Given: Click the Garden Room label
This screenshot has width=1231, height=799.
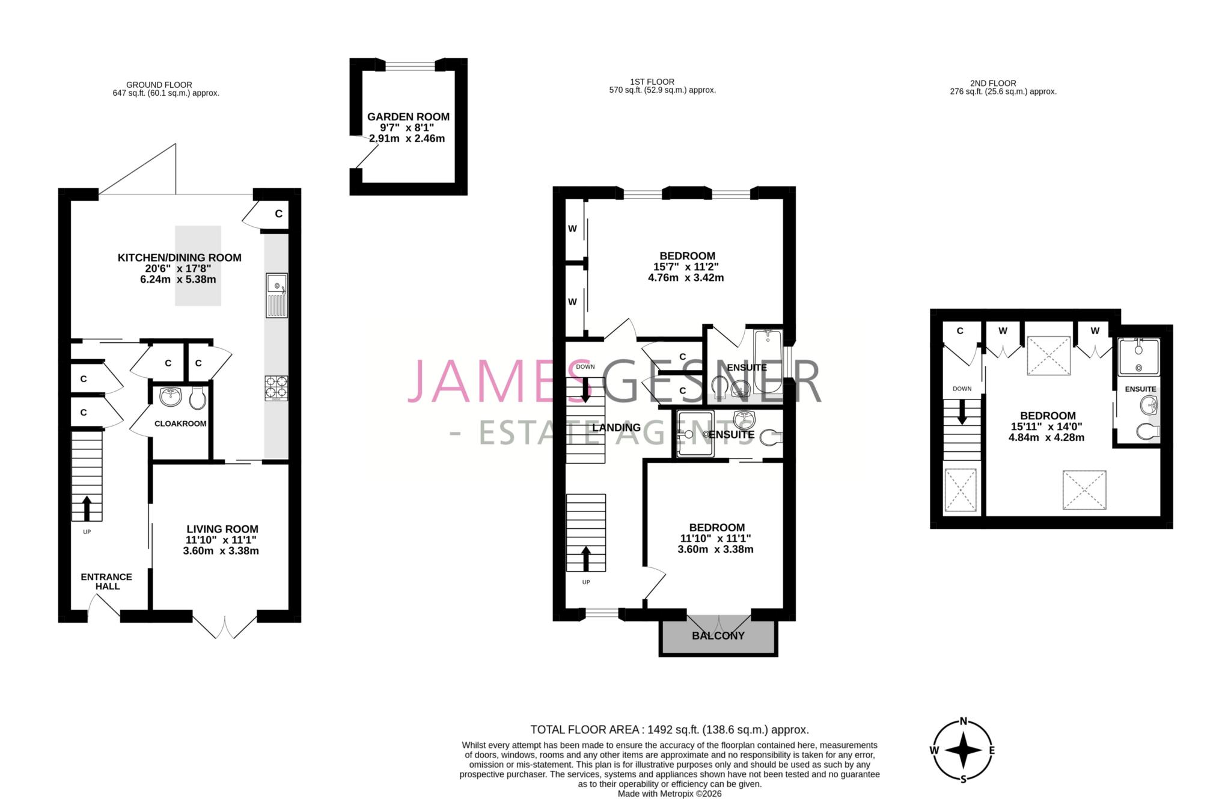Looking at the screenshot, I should pos(408,117).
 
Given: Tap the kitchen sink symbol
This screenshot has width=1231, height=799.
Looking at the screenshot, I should pos(276,295).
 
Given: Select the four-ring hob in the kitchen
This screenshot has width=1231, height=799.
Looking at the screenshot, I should pos(276,388).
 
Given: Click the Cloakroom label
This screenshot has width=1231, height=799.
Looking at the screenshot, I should pos(180,424).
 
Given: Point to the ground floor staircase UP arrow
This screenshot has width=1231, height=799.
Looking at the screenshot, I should pos(87,508).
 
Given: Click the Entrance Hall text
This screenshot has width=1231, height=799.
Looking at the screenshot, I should pos(107,581).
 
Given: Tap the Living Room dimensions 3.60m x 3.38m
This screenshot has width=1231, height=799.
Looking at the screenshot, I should pos(221,551).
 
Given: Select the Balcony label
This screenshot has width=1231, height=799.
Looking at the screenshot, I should pos(718,636).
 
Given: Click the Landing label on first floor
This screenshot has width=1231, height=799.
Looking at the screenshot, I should pos(616,428).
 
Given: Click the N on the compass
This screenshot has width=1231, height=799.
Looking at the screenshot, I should pos(963,721).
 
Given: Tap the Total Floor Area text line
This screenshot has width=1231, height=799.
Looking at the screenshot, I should pos(669,730).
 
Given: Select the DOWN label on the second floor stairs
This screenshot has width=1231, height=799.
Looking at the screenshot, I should pos(962,389).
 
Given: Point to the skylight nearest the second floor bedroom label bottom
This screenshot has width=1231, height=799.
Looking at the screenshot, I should pos(1084,490).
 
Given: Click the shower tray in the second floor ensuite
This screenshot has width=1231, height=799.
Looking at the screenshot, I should pos(1138,357).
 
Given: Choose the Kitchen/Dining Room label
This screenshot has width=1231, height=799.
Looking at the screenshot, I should pos(179,258).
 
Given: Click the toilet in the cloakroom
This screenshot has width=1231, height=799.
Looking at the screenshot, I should pos(197,397).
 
